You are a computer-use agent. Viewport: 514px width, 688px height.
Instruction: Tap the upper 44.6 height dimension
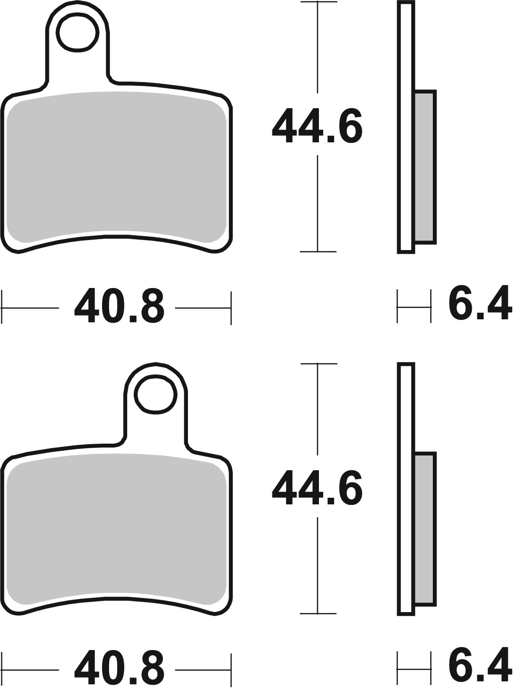317,125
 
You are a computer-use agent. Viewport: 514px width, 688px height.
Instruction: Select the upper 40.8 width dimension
119,307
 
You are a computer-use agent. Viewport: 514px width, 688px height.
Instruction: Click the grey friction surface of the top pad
116,166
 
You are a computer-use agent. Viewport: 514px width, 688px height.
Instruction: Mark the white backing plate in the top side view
406,128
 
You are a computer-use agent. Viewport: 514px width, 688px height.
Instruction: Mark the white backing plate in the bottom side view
406,489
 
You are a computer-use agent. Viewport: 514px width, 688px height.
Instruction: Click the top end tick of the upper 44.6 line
318,3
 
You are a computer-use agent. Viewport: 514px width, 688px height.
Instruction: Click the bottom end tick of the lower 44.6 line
318,614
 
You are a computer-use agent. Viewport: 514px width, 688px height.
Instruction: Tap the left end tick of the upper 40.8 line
2,308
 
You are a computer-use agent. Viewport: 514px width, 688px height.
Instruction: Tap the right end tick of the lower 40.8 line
231,669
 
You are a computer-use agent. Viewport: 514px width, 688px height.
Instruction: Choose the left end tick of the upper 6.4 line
397,308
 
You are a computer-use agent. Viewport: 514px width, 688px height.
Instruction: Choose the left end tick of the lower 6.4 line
397,669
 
